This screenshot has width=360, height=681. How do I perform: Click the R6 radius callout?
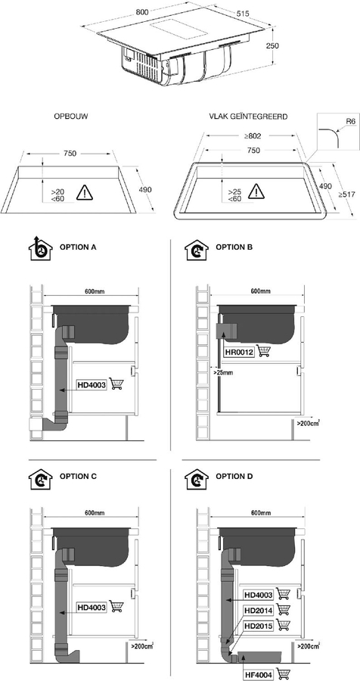pos(350,121)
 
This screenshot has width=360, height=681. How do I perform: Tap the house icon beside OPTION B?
pos(195,249)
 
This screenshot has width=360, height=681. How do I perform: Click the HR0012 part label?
pos(239,350)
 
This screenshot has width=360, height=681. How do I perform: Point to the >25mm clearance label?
pos(222,372)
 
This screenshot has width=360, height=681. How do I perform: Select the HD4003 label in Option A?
pos(92,384)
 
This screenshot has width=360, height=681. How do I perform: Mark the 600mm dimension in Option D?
pos(260,515)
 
